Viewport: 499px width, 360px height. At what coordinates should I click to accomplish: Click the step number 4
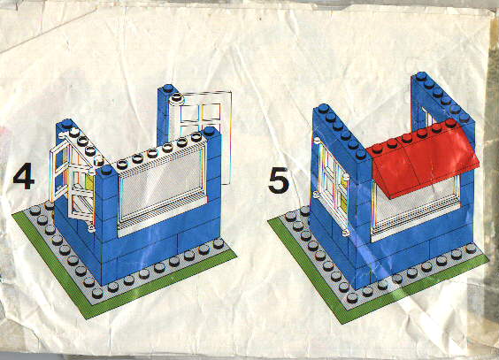click(24, 177)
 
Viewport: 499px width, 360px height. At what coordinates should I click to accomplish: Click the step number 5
click(279, 181)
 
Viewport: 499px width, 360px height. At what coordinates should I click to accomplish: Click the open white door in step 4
click(59, 169)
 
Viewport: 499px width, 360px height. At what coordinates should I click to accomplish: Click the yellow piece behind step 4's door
click(89, 185)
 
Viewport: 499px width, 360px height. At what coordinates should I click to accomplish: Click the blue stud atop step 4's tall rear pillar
click(168, 88)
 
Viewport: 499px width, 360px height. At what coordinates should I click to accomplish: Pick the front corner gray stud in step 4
click(97, 293)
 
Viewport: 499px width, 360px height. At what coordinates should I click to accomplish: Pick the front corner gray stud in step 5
click(352, 298)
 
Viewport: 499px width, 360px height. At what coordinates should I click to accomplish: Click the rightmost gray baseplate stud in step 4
click(219, 243)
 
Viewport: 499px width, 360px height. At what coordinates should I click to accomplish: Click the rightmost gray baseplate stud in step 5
click(471, 248)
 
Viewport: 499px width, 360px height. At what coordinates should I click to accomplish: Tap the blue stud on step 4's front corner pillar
click(106, 170)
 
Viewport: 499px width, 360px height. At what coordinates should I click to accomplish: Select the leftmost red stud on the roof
click(378, 149)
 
